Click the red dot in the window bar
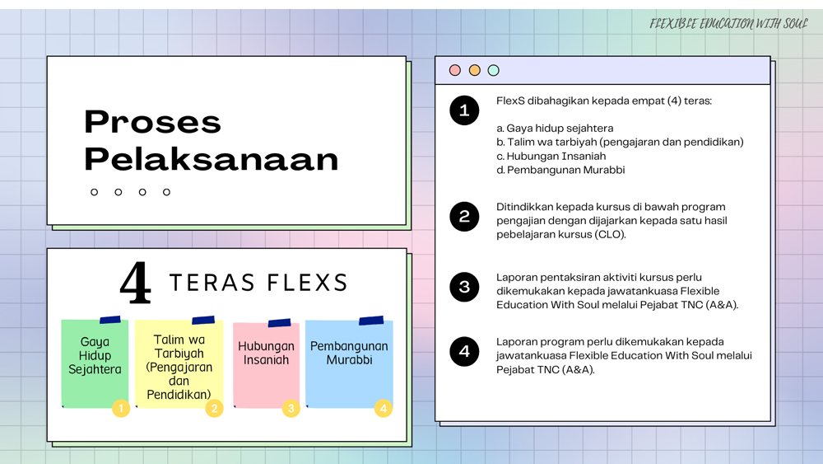coord(455,70)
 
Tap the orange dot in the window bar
coord(475,70)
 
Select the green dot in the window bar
coord(493,70)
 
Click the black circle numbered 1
coord(464,110)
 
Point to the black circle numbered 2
coord(464,217)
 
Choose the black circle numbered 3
coord(464,287)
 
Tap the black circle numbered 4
coord(464,352)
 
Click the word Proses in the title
coord(153,122)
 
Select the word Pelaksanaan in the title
coord(212,159)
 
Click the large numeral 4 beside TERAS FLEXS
coord(136,283)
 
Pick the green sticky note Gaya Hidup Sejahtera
coord(95,363)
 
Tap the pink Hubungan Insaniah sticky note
coord(266,364)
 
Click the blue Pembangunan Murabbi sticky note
coord(349,363)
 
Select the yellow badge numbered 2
coord(214,408)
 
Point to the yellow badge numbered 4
coord(384,408)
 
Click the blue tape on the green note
coord(110,320)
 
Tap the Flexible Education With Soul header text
coord(728,24)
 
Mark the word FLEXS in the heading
coord(307,283)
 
